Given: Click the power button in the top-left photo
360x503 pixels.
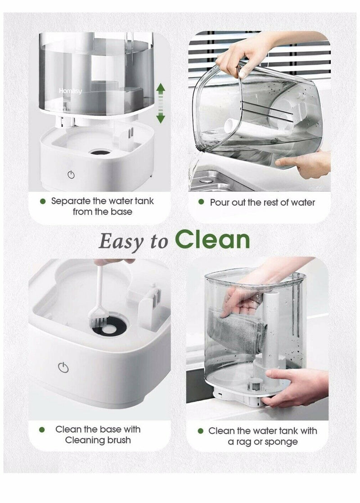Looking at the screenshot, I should tap(71, 175).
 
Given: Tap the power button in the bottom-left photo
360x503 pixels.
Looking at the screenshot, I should tap(63, 368).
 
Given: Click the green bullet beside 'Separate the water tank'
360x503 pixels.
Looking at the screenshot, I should tap(43, 201).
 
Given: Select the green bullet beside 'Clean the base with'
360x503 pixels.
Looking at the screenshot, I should tap(42, 430).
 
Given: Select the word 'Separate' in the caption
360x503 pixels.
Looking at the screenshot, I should tap(72, 201).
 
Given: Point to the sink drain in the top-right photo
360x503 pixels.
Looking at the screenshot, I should tap(206, 179).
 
